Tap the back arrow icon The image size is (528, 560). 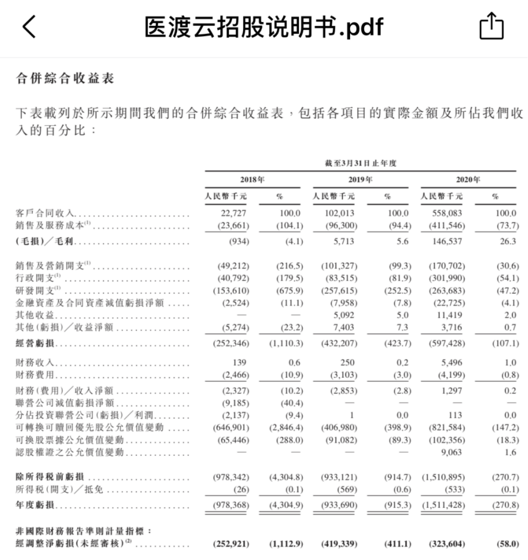pyautogui.click(x=29, y=27)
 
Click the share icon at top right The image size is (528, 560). pyautogui.click(x=492, y=27)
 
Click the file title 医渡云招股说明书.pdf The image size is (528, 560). pyautogui.click(x=263, y=27)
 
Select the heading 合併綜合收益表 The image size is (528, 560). pyautogui.click(x=65, y=79)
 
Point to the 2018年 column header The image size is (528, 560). pyautogui.click(x=252, y=180)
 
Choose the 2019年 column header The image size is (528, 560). pyautogui.click(x=360, y=180)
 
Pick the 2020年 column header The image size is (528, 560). pyautogui.click(x=468, y=180)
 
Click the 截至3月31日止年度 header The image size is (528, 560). pyautogui.click(x=360, y=163)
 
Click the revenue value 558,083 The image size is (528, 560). pyautogui.click(x=447, y=213)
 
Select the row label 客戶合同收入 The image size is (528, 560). pyautogui.click(x=45, y=213)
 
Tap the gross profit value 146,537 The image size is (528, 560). pyautogui.click(x=447, y=242)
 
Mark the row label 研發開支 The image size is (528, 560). pyautogui.click(x=35, y=291)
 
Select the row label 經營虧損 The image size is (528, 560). pyautogui.click(x=35, y=343)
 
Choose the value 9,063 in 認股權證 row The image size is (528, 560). pyautogui.click(x=451, y=453)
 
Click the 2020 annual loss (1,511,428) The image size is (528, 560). pyautogui.click(x=443, y=505)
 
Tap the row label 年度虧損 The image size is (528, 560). pyautogui.click(x=35, y=505)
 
